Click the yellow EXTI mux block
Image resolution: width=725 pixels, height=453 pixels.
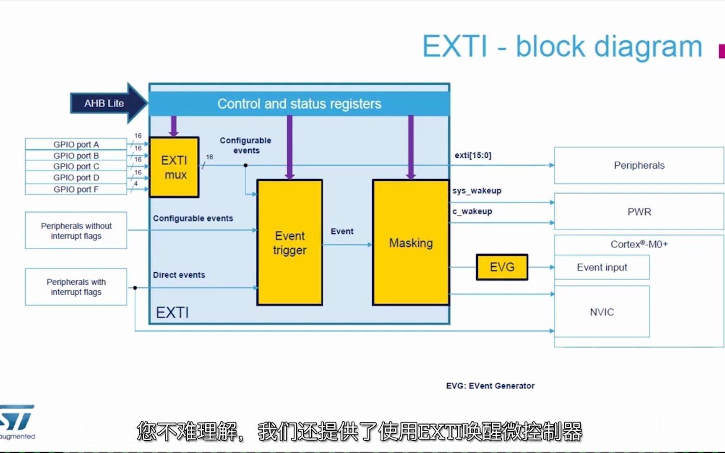coord(174,167)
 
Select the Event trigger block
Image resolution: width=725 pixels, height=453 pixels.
coord(289,242)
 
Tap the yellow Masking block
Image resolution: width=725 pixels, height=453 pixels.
coord(411,242)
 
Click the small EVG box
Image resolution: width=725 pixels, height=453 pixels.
coord(502,267)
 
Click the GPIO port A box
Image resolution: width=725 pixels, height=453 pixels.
coord(76,144)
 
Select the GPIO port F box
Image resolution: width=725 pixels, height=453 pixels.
coord(76,189)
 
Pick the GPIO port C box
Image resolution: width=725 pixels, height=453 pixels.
coord(76,167)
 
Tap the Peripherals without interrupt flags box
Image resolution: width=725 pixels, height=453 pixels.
coord(76,231)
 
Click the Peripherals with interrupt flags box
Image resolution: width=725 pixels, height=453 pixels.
coord(76,287)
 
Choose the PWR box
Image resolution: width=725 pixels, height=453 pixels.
coord(639,212)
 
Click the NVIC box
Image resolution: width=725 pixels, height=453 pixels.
coord(602,312)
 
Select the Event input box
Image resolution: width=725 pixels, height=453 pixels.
coord(602,267)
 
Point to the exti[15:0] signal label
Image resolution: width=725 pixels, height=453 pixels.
coord(473,155)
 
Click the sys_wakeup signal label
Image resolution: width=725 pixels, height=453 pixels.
coord(477,191)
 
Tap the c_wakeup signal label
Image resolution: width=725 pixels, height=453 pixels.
coord(472,211)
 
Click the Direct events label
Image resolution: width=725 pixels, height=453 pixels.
coord(179,275)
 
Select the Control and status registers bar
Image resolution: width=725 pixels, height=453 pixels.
coord(299,104)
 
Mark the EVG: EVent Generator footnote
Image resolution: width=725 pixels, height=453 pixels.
coord(490,386)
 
